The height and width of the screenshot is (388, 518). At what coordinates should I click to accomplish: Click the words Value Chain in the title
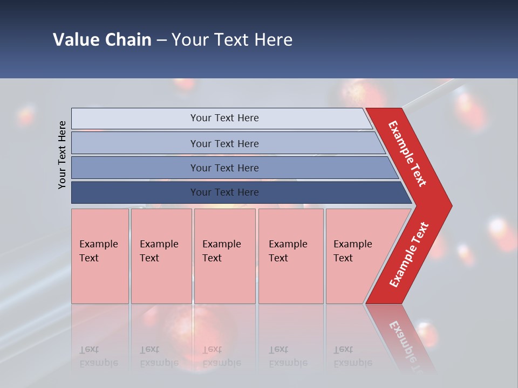click(x=102, y=40)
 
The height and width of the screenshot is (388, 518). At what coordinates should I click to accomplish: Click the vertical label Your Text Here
click(x=62, y=155)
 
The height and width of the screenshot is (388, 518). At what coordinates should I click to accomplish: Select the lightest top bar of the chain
click(x=135, y=119)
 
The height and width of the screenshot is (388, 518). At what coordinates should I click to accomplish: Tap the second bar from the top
click(x=135, y=143)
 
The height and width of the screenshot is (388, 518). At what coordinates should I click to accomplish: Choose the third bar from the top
click(x=135, y=168)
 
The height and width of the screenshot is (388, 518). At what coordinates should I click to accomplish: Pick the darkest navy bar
click(x=135, y=192)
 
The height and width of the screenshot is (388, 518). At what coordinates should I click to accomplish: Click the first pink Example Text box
click(x=100, y=256)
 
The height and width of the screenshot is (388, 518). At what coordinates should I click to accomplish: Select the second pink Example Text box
click(x=161, y=256)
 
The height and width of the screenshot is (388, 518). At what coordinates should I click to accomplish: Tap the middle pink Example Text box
click(x=224, y=256)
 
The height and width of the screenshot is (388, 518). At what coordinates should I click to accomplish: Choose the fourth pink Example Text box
click(x=291, y=256)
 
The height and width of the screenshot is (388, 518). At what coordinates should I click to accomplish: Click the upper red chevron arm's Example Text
click(x=407, y=154)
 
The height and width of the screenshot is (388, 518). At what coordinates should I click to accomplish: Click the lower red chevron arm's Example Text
click(x=409, y=255)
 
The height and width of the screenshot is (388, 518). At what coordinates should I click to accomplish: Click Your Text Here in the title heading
click(x=232, y=40)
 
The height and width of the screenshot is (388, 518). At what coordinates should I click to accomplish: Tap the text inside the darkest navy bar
click(x=224, y=192)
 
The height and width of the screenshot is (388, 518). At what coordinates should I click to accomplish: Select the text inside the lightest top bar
click(x=224, y=118)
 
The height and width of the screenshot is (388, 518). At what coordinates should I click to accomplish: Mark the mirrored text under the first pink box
click(x=99, y=356)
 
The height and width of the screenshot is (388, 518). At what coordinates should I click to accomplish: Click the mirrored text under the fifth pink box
click(x=353, y=356)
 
